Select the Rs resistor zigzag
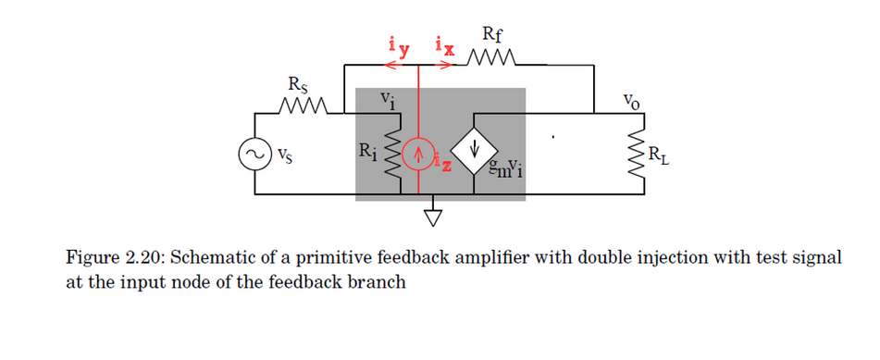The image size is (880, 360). point(302,113)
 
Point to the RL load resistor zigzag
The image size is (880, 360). point(637,154)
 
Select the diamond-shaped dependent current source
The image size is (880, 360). point(474,148)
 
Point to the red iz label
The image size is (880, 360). point(445,166)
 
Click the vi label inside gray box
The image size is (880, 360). point(388,99)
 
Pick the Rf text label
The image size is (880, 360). point(493,37)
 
